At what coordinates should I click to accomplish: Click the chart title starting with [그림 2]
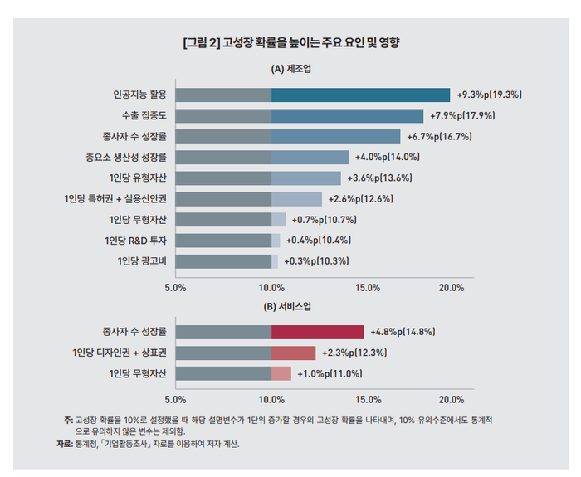point(290,41)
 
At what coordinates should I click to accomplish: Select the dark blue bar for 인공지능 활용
point(360,95)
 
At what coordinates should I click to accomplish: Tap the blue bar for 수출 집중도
point(347,115)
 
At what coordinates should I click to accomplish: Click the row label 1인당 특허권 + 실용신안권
point(115,199)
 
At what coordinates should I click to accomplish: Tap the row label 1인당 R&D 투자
point(138,241)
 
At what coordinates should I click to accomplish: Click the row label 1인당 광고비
point(142,261)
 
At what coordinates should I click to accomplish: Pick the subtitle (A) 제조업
point(290,69)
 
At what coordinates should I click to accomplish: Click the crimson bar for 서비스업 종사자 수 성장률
point(317,332)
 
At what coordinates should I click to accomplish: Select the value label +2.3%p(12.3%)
point(354,353)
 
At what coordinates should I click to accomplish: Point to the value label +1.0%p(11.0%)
point(330,373)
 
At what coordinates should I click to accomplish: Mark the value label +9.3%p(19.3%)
point(490,95)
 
